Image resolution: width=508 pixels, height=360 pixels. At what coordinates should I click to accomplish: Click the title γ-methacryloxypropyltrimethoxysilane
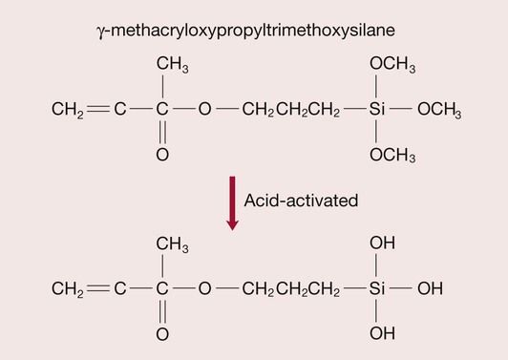coord(253,30)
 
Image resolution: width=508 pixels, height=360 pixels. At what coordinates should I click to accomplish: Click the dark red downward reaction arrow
coord(231,205)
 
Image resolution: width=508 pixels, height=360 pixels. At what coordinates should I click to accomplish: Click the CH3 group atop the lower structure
coord(172,244)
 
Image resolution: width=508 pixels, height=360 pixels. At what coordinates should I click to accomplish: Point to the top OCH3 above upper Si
coord(392,65)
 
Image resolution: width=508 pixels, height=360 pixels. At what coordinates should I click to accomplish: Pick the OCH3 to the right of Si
coord(439,111)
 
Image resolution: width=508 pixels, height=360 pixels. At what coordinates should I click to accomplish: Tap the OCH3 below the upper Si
coord(392,156)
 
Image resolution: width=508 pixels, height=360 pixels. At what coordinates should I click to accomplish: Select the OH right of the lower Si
coord(430,287)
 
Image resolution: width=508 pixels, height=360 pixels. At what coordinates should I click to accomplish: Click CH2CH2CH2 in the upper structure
coord(290,111)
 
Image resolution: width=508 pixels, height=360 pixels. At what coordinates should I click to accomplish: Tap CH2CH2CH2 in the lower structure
coord(290,287)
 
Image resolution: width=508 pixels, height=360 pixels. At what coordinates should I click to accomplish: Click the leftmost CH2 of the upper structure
coord(68,111)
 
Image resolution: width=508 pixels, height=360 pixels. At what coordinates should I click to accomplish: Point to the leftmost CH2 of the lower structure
coord(68,287)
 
